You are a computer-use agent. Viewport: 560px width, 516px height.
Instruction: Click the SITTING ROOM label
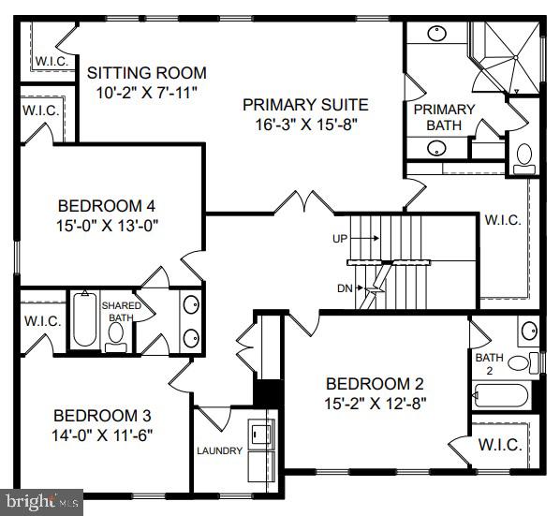(x=146, y=73)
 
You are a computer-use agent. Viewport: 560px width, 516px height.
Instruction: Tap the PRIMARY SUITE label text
(x=305, y=105)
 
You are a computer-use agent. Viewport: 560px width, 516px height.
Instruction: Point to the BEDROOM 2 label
(x=375, y=383)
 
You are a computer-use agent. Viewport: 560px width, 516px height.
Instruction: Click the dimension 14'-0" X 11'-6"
(x=102, y=435)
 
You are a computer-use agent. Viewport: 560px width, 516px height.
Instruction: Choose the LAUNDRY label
(x=219, y=451)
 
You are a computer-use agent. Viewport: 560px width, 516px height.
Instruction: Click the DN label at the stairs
(x=345, y=287)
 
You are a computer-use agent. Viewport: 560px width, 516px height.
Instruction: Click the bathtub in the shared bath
(x=84, y=320)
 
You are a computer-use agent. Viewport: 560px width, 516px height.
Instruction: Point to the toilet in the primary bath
(x=523, y=157)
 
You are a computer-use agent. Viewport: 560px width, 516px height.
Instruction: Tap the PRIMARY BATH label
(x=444, y=117)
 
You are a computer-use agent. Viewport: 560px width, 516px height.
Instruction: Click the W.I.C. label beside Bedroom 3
(x=41, y=320)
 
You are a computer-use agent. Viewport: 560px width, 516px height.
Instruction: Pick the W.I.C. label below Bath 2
(x=500, y=445)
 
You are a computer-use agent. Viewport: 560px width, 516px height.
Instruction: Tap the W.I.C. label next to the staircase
(x=503, y=220)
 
